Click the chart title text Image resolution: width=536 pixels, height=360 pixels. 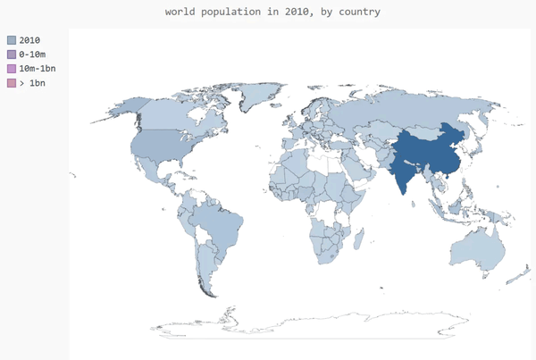tap(272, 13)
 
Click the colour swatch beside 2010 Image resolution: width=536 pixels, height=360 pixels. tap(12, 40)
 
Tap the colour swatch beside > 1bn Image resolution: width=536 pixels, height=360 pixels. tap(12, 83)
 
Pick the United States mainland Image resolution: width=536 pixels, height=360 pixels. tap(161, 147)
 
